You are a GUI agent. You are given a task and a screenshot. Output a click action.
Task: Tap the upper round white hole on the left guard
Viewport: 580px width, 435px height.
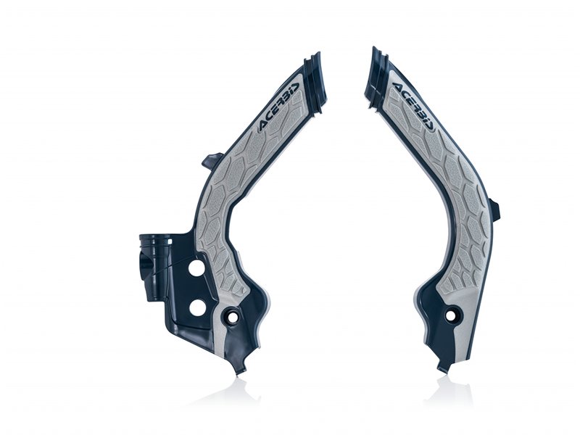coord(195,268)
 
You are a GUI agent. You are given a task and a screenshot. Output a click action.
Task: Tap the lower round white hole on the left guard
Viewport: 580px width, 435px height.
coord(196,307)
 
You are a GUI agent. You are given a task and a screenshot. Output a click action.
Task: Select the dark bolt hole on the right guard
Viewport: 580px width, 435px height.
coord(454,315)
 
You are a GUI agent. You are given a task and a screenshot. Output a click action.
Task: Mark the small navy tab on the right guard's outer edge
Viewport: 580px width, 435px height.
coord(495,210)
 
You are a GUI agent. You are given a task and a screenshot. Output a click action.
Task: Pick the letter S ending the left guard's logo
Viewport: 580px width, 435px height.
coord(295,92)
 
